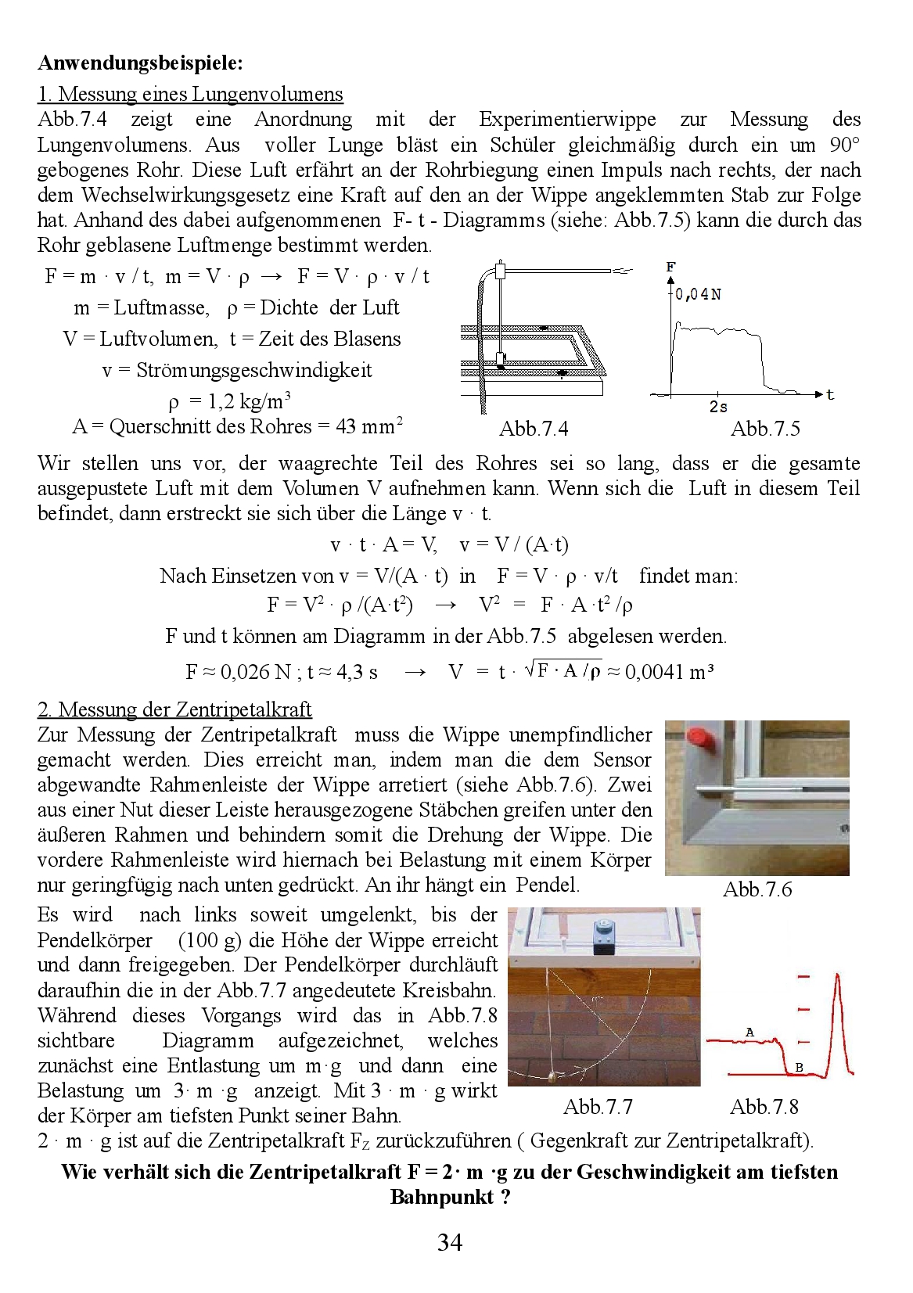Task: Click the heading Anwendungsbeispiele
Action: [140, 63]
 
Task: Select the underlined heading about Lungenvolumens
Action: [190, 95]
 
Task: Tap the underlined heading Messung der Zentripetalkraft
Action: [174, 709]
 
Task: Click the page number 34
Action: [450, 1242]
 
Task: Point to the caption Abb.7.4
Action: [534, 429]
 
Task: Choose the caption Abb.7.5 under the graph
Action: [765, 429]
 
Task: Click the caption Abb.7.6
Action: [757, 889]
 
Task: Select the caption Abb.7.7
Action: [598, 1107]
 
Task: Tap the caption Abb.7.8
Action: [764, 1107]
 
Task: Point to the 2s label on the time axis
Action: [718, 407]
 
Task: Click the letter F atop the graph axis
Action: [670, 268]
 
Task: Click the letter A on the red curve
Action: [749, 1033]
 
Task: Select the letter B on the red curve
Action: [799, 1067]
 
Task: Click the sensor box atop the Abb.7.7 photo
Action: [603, 936]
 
